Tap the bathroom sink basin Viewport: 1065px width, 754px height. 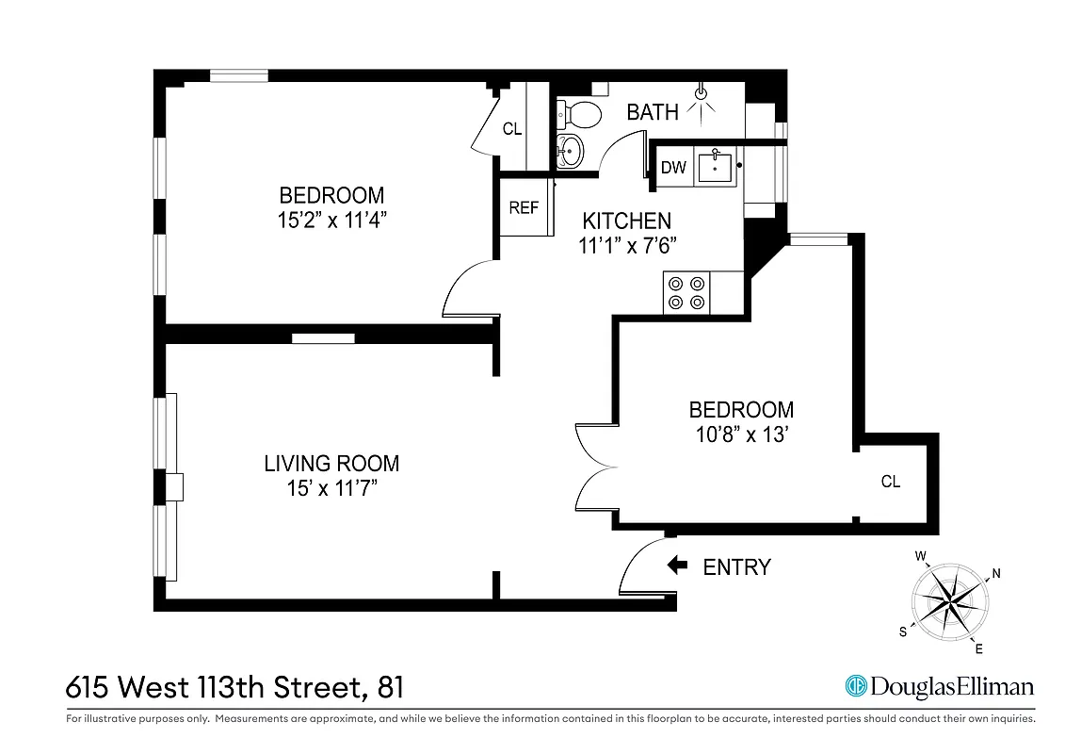tap(570, 149)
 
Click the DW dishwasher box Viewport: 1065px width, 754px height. tap(672, 168)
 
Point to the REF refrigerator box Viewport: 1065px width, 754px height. tap(524, 207)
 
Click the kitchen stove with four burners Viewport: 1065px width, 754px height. tap(686, 291)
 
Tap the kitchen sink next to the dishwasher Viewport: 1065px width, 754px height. tap(717, 167)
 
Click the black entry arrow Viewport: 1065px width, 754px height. tap(676, 565)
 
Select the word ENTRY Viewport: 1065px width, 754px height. tap(737, 566)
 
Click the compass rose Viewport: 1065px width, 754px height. tap(949, 598)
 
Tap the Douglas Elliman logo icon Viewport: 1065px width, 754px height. tap(856, 686)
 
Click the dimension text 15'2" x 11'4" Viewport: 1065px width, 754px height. tap(331, 221)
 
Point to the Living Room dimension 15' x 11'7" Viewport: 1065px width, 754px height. tap(331, 488)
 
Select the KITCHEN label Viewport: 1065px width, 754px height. tap(626, 221)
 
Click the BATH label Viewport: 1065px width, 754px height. tap(653, 112)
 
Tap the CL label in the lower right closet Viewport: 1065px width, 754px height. tap(890, 482)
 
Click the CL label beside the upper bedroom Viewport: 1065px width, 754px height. tap(511, 129)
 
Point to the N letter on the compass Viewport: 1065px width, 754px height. tap(995, 573)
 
